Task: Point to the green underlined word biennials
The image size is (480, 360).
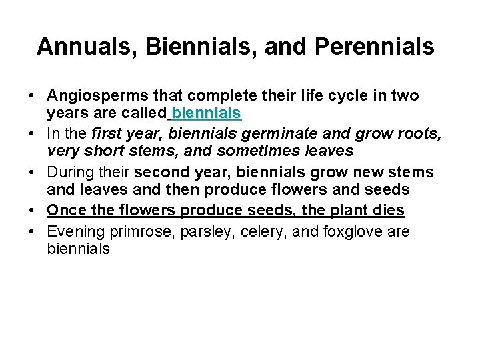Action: (206, 113)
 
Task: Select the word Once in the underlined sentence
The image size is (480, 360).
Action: (66, 211)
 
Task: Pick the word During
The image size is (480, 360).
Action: (69, 173)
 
